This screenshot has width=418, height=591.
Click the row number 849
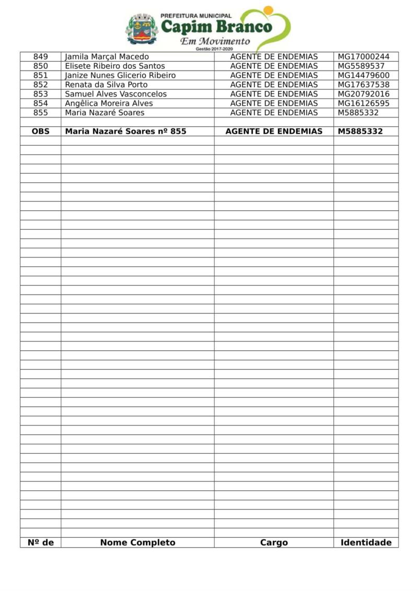tap(40, 56)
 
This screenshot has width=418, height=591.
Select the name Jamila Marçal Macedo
tap(107, 56)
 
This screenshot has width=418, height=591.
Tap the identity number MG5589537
tap(361, 66)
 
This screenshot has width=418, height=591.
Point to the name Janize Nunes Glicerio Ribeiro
tap(120, 75)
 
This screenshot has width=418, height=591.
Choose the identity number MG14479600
tap(363, 75)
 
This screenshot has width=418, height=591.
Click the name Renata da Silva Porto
tap(106, 85)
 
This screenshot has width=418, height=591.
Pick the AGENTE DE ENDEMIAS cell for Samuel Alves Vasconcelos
tap(274, 94)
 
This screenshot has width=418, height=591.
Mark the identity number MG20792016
tap(363, 94)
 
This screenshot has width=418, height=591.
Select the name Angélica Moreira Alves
tap(109, 103)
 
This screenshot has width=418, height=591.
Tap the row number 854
tap(40, 103)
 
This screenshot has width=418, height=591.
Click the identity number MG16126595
tap(363, 103)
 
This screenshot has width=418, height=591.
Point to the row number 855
tap(40, 113)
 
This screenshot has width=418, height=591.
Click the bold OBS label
tap(40, 132)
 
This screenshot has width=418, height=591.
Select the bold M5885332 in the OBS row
tap(360, 132)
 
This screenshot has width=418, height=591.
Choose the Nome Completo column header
tap(137, 542)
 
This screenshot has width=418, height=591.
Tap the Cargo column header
tap(274, 542)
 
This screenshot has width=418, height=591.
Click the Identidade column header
tap(366, 542)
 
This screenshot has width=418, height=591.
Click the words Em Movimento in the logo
tap(215, 41)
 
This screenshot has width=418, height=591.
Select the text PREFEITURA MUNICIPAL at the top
tap(196, 16)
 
